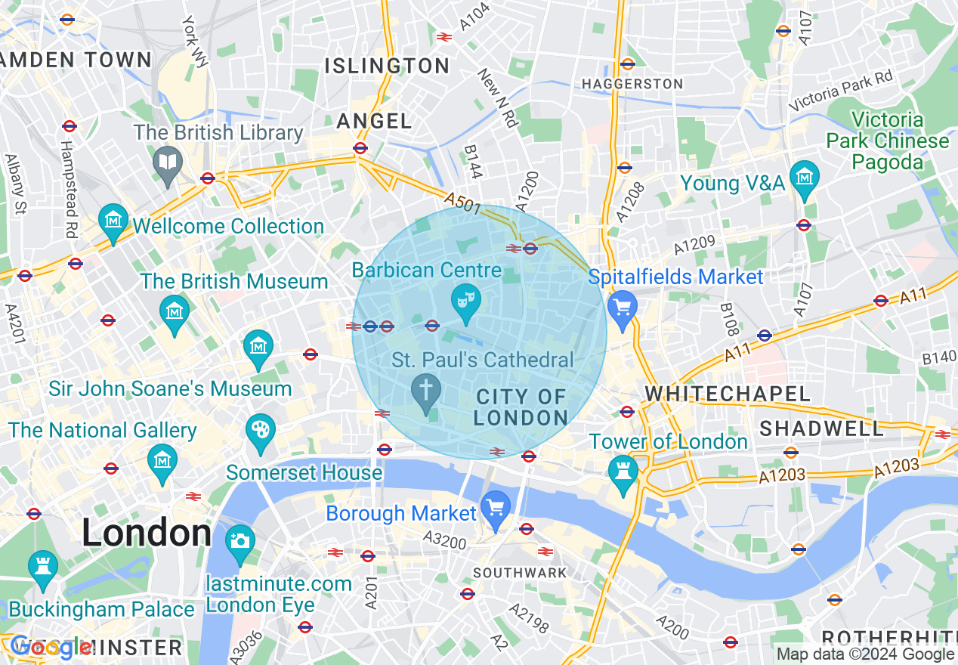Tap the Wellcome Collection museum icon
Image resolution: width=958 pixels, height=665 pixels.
(x=113, y=221)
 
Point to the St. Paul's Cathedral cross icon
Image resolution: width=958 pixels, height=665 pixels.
(x=426, y=391)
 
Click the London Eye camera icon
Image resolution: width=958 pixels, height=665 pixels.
(x=240, y=541)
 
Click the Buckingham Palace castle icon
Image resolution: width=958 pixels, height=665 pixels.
(x=42, y=568)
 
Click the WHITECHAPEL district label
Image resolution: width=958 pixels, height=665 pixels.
(x=727, y=394)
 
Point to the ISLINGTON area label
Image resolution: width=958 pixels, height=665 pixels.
(x=387, y=66)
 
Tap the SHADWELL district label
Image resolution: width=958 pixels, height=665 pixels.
(x=821, y=428)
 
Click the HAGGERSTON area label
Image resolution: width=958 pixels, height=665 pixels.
(x=632, y=84)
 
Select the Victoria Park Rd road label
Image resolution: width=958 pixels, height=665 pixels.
(x=840, y=90)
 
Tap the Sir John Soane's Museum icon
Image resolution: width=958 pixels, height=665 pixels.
(x=258, y=347)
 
